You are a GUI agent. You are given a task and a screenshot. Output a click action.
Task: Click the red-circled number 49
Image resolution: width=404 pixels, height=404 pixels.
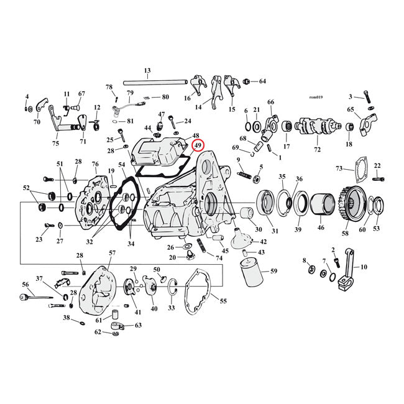coord(198,146)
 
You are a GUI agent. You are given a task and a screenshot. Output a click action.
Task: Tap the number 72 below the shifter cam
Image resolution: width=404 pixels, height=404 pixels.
coord(318,150)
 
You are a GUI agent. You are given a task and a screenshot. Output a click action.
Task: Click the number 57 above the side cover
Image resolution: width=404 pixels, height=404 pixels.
coord(112,253)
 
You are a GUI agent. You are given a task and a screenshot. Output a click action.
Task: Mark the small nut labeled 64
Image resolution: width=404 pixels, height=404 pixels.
coord(247,81)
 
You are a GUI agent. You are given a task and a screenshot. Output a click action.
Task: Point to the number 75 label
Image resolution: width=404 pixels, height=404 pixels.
coord(56,143)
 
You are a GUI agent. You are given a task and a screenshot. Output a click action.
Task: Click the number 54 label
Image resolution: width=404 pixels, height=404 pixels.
coord(122,164)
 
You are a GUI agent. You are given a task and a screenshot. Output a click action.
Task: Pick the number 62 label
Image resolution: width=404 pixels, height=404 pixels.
coord(98,332)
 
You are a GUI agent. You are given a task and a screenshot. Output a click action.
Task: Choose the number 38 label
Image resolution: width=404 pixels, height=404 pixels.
coord(66,318)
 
